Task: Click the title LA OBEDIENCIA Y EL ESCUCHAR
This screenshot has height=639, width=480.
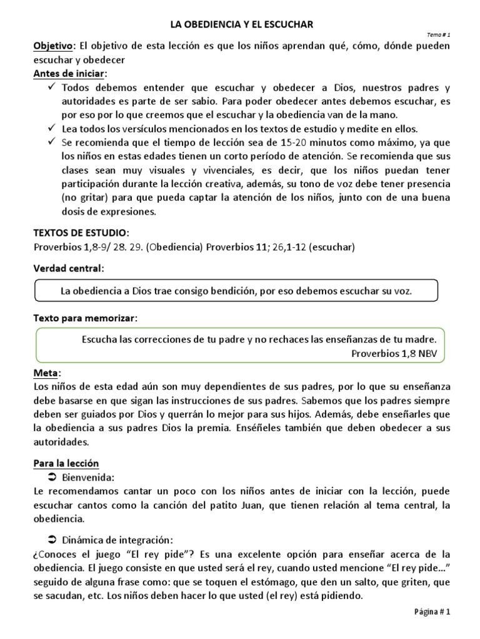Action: [x=242, y=24]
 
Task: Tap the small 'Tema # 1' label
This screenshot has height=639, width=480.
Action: [x=438, y=35]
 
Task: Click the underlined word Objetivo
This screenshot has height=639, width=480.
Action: [x=52, y=46]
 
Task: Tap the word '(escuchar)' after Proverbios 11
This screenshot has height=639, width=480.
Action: [x=330, y=247]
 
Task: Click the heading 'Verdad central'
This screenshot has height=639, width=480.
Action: [x=67, y=268]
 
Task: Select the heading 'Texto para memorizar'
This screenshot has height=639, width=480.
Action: [x=84, y=318]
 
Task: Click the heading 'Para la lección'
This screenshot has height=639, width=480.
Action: [x=66, y=464]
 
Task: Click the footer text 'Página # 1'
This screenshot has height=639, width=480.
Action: [x=431, y=612]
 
